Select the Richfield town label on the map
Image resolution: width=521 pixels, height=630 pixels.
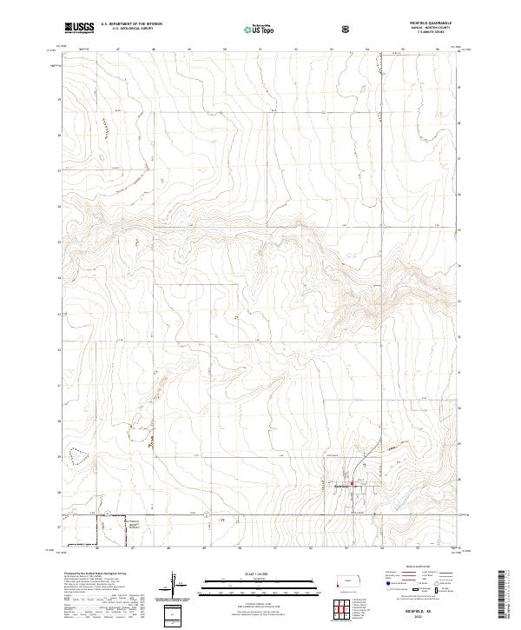click(342, 487)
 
